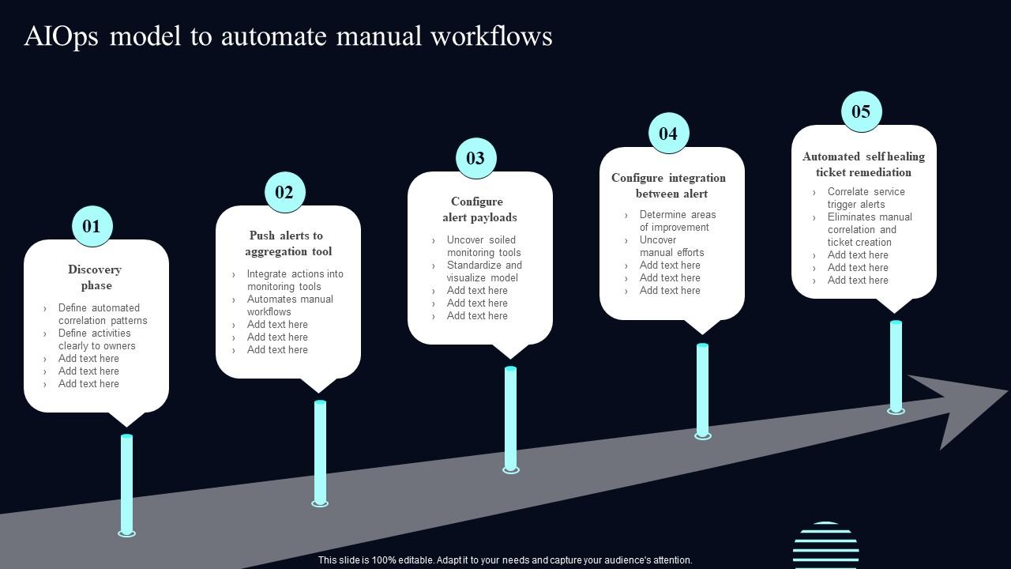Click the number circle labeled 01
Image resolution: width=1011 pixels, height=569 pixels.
coord(92,227)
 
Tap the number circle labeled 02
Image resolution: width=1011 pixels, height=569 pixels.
coord(284,193)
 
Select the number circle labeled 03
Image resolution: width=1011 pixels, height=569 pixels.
coord(475,158)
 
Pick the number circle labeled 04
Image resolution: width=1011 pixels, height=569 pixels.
coord(668,134)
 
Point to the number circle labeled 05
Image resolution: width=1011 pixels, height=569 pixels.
coord(861,111)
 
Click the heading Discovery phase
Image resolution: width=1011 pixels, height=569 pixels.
coord(96,277)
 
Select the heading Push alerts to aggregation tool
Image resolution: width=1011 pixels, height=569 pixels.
coord(288,243)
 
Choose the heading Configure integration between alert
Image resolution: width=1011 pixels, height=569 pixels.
coord(670,186)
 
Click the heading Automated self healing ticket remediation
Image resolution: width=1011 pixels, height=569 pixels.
coord(863,164)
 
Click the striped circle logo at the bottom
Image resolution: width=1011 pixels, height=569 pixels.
coord(825,545)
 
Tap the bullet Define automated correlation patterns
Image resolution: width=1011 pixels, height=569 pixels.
coord(102,314)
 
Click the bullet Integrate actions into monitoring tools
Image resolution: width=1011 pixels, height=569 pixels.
coord(294,280)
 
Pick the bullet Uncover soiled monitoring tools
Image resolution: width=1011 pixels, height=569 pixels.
coord(483,246)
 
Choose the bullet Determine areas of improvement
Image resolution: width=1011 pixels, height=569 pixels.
coord(677,220)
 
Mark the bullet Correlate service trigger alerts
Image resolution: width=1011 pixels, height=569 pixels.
coord(865,198)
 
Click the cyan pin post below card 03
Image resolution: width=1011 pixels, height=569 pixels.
coord(511,419)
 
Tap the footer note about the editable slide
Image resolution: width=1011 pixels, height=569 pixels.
coord(505,560)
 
